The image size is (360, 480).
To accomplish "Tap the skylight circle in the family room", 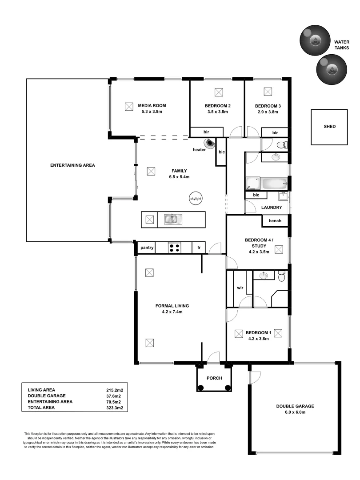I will tap(195, 198).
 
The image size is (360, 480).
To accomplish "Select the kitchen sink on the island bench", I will tap(173, 219).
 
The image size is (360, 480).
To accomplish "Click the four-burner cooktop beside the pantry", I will tap(174, 248).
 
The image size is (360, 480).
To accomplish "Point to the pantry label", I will tap(146, 248).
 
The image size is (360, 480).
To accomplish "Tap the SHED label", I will tap(330, 127).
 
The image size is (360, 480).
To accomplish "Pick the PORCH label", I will tap(214, 379).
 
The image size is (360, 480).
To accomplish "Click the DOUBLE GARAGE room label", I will tap(295, 406).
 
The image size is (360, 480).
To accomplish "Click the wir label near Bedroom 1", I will tap(240, 288).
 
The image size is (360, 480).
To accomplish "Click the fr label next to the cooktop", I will tap(199, 248).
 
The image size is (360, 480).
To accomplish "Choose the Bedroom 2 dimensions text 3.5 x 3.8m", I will tap(217, 112).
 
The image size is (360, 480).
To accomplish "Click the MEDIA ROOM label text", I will tap(152, 106).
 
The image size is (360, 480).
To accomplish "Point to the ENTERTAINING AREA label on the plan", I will tap(72, 165).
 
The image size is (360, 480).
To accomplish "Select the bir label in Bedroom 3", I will tap(275, 132).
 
